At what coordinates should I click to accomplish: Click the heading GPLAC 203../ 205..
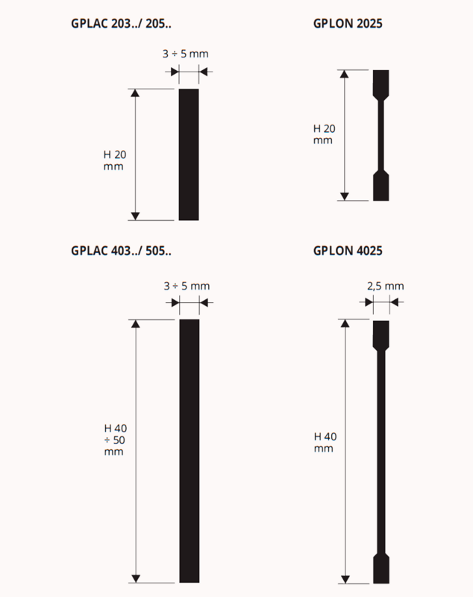[x=121, y=24]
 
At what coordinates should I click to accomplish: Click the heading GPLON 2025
[x=348, y=24]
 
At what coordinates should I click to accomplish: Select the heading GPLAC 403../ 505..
[x=121, y=251]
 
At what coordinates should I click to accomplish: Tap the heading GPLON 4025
[x=348, y=251]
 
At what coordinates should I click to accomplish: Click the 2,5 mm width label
[x=386, y=287]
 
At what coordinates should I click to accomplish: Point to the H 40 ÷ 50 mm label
[x=115, y=440]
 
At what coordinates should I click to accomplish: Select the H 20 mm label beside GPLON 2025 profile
[x=325, y=134]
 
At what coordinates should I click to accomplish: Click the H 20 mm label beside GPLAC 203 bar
[x=115, y=160]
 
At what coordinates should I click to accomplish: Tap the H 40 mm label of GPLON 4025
[x=325, y=443]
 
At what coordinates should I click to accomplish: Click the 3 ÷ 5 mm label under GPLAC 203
[x=186, y=54]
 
